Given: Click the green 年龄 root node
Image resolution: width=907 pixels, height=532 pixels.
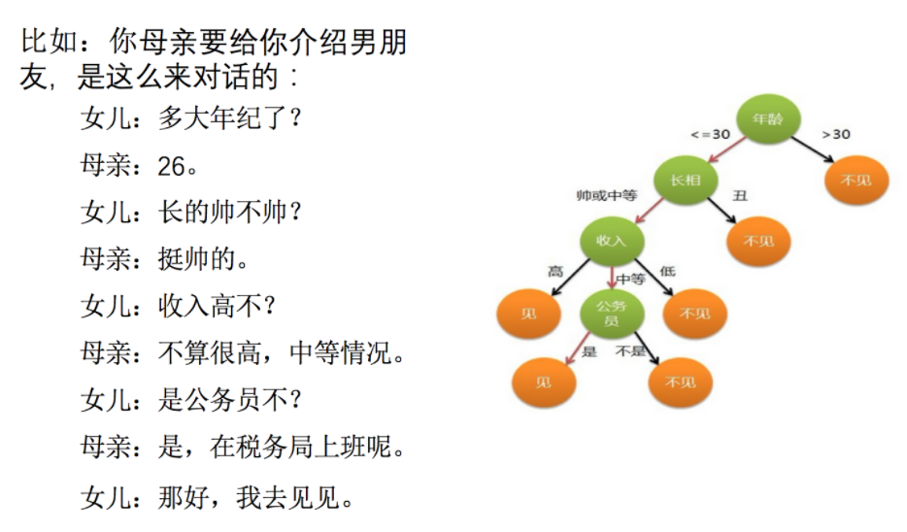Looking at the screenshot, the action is pos(766,118).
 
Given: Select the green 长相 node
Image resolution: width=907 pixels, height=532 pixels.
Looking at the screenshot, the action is pos(686,179).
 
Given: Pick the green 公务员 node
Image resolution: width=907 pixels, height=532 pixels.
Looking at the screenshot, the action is pos(612,313).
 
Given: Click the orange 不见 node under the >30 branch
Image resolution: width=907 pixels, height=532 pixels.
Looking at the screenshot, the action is pos(857,181).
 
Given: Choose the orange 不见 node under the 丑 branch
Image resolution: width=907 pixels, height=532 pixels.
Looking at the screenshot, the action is pos(758,241).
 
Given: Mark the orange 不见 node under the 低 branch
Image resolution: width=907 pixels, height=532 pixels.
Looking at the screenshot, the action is pos(694,313).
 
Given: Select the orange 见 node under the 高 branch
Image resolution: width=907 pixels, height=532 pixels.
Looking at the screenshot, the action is pos(529,313).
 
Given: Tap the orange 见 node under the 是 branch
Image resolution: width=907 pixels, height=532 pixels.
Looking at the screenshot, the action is pos(544,382).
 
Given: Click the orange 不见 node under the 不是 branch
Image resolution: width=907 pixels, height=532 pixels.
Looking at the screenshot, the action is pos(681,382).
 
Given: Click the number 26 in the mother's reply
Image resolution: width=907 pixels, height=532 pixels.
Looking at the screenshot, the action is pos(171,167).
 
